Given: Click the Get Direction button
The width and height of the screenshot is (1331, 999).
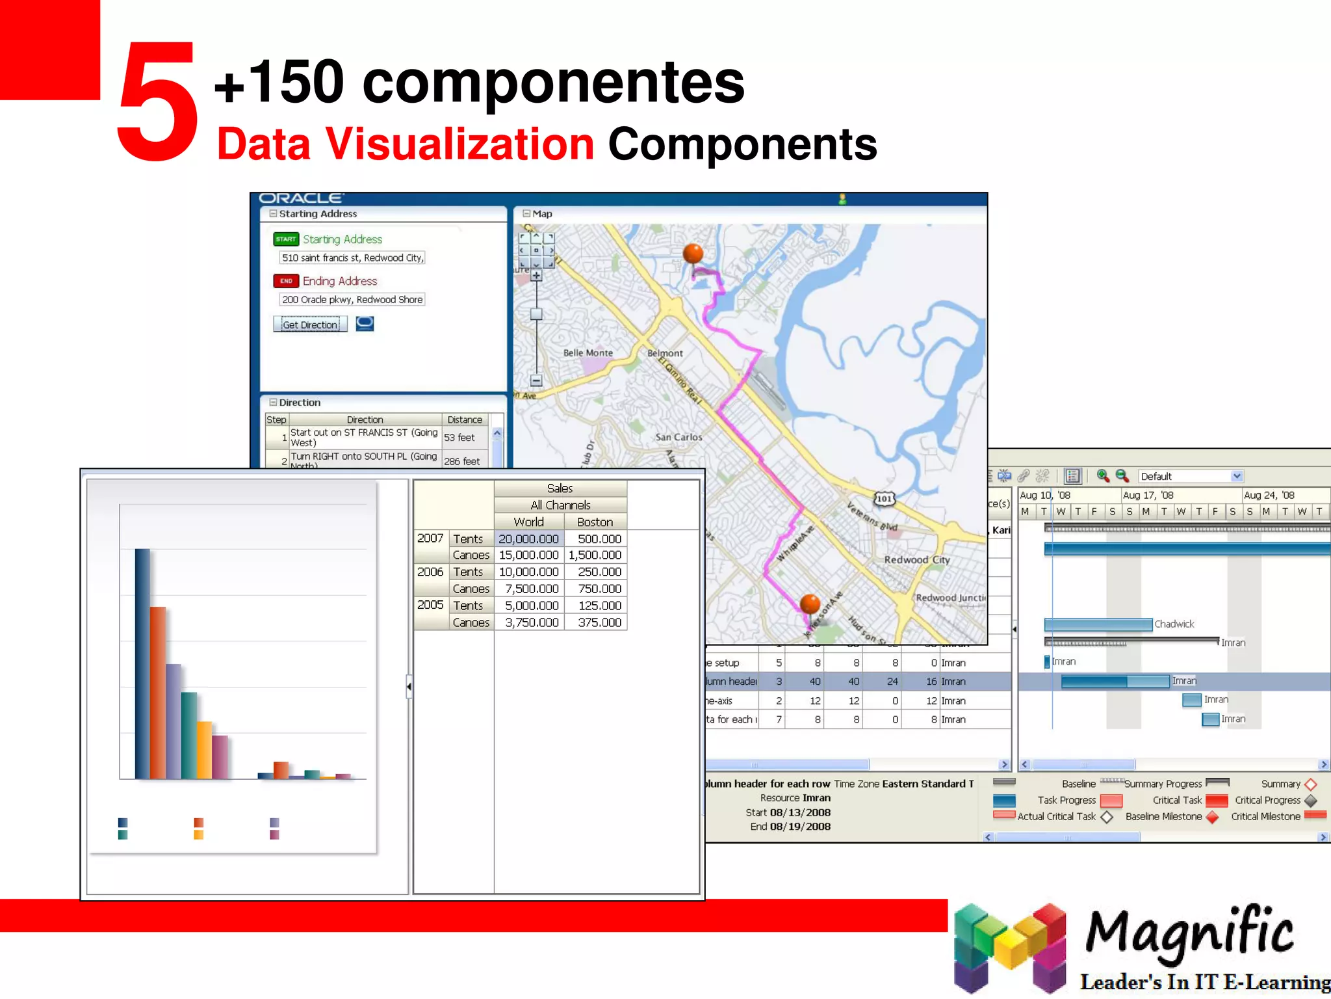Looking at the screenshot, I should point(310,325).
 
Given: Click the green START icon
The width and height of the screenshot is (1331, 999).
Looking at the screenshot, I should point(286,239).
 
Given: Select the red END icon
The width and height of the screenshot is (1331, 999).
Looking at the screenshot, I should point(286,281).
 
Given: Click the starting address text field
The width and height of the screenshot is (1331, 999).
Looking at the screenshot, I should point(352,258).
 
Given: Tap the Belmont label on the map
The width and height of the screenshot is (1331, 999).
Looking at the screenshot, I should point(665,353).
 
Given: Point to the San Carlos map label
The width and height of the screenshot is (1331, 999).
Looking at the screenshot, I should point(678,437).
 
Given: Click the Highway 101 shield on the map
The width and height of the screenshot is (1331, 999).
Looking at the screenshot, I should point(885,499).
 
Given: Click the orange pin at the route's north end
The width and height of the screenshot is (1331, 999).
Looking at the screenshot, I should point(693,254).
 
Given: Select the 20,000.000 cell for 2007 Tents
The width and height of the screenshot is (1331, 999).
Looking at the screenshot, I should point(528,539).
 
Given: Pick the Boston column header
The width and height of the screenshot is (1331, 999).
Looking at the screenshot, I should point(595,522).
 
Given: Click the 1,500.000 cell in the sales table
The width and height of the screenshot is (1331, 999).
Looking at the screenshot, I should point(595,555).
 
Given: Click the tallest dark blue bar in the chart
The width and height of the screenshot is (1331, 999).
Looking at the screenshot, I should point(142,663).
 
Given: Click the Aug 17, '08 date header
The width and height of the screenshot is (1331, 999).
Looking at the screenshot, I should point(1148,495).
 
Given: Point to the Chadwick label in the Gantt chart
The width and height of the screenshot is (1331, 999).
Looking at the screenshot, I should point(1174,624).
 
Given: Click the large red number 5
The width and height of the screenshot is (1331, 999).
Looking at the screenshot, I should point(157,101).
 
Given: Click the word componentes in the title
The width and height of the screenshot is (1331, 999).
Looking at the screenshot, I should point(553,83).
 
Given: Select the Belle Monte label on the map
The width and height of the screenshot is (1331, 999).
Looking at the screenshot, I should point(588,353).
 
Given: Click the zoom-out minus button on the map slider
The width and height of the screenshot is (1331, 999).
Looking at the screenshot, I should point(536,380).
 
